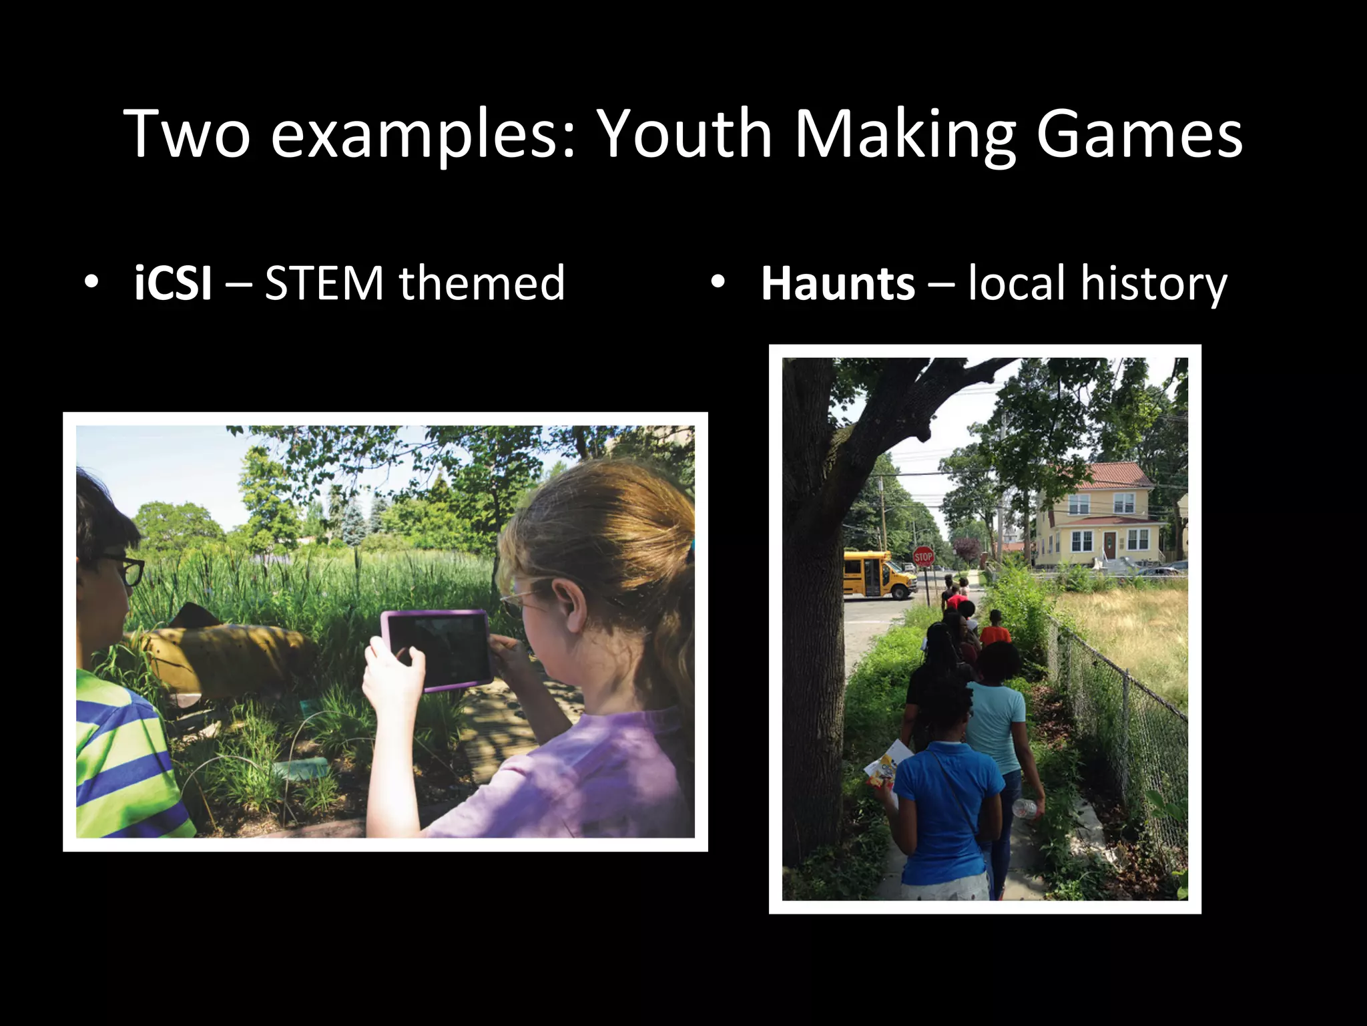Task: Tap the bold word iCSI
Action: [173, 283]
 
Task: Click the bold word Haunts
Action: [837, 283]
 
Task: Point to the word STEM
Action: [324, 283]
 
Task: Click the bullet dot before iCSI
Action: [91, 282]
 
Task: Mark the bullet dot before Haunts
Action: [718, 282]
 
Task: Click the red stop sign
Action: [923, 556]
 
